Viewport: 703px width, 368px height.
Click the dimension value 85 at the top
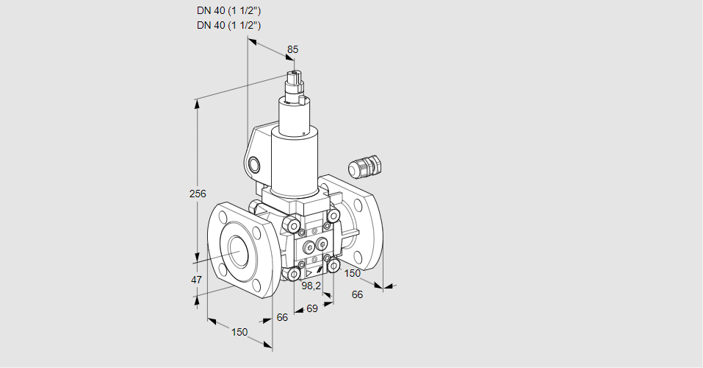(292, 49)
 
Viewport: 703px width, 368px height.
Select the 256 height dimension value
(198, 194)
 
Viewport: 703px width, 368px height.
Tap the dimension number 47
(196, 280)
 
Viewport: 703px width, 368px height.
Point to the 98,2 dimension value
(312, 286)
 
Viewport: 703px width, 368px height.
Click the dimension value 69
(311, 309)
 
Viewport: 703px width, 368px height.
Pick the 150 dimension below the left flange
(239, 332)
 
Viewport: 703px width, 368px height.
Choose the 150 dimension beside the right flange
(353, 274)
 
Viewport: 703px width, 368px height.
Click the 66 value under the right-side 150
(358, 294)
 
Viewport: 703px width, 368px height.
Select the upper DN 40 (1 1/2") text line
(229, 10)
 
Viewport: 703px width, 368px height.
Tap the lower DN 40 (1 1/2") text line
(229, 25)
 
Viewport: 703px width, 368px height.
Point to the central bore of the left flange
(238, 252)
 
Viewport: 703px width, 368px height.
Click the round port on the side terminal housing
(255, 163)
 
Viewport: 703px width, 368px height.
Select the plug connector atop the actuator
(296, 85)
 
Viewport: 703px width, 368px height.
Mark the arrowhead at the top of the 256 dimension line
(197, 104)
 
